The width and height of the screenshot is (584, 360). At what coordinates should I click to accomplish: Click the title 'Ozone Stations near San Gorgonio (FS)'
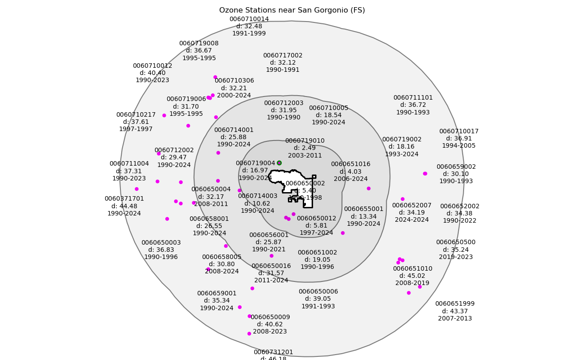[292, 10]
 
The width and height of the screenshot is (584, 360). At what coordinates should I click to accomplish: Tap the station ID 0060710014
[249, 19]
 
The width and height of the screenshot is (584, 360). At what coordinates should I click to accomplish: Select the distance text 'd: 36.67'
[199, 51]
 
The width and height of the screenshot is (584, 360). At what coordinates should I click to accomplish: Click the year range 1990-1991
[283, 70]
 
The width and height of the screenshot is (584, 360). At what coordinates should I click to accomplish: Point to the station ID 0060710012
[152, 66]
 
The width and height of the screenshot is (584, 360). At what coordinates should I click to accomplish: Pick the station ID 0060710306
[234, 81]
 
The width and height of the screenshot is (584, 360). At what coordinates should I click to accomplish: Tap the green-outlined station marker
[279, 163]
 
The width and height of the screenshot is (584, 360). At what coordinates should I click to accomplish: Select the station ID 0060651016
[350, 164]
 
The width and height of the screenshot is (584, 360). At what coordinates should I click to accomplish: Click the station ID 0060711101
[413, 98]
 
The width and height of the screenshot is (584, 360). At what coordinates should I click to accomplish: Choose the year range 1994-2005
[459, 146]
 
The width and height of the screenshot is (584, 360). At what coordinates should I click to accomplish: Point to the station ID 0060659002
[456, 167]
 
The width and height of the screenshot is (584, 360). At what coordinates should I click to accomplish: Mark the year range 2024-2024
[411, 220]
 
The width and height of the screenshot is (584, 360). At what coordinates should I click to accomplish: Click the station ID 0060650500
[456, 242]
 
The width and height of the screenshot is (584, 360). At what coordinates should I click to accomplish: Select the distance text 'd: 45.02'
[412, 276]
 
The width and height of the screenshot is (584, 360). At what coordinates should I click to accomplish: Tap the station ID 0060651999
[455, 304]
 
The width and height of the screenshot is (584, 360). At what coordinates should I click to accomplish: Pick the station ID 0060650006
[318, 292]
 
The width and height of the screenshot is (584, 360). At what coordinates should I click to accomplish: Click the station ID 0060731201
[273, 352]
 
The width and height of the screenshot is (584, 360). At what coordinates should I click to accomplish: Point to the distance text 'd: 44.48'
[124, 206]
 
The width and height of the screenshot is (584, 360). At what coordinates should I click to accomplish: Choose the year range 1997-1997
[136, 129]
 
